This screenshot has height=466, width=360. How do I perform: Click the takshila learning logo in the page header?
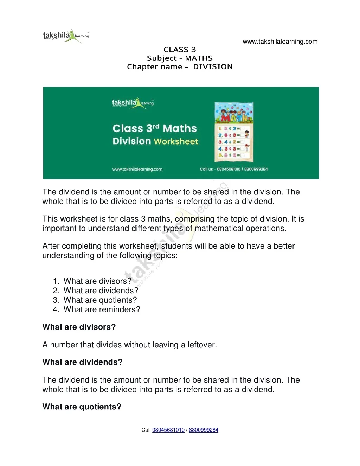click(66, 36)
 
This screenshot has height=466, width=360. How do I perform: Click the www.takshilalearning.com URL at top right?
click(280, 42)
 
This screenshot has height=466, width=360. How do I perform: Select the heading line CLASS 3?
click(180, 50)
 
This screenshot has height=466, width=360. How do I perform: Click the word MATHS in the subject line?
click(199, 58)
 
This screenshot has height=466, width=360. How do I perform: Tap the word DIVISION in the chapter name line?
click(213, 67)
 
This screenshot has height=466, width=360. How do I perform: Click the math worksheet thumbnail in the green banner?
click(234, 132)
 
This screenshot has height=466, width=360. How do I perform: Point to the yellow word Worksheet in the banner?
click(176, 141)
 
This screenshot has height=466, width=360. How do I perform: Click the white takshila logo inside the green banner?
click(133, 103)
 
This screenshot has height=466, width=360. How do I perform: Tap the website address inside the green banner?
click(137, 169)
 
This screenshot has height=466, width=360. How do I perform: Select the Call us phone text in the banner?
click(234, 169)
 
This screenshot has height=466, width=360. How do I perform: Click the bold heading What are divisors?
click(79, 327)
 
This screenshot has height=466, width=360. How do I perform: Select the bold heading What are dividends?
click(82, 362)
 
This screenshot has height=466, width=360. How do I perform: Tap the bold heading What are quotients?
click(82, 407)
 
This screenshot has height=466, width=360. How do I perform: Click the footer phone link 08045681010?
click(168, 430)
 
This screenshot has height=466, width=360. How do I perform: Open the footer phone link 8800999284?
click(204, 430)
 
